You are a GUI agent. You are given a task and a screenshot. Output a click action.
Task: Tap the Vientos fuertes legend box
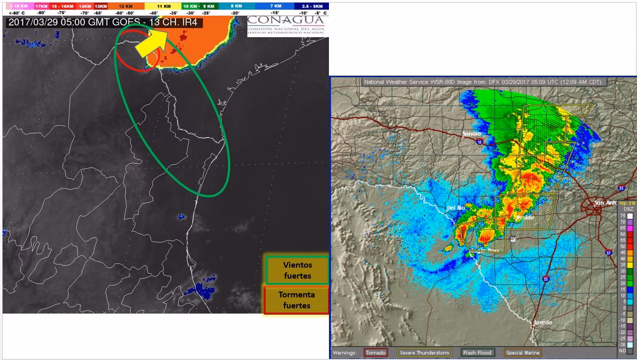pyautogui.click(x=297, y=270)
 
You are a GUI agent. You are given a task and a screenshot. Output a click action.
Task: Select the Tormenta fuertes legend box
pyautogui.click(x=297, y=300)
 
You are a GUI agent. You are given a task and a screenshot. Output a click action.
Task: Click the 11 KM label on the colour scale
pyautogui.click(x=167, y=5)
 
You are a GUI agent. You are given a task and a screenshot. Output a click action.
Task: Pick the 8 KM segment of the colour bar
pyautogui.click(x=236, y=5)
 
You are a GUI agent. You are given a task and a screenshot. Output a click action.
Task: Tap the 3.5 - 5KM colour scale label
pyautogui.click(x=315, y=5)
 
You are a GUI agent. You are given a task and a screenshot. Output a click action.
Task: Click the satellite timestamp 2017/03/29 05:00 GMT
pyautogui.click(x=78, y=22)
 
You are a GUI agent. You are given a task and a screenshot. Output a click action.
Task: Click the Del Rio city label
pyautogui.click(x=455, y=208)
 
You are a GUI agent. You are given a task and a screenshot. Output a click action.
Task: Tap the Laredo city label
pyautogui.click(x=542, y=322)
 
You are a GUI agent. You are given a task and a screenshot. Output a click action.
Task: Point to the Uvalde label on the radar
pyautogui.click(x=524, y=218)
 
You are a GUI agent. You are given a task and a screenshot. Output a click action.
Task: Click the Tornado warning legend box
pyautogui.click(x=376, y=353)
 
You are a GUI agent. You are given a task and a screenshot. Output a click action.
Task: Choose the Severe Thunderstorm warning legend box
pyautogui.click(x=424, y=353)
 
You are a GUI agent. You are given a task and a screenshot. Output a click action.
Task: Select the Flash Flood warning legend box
pyautogui.click(x=477, y=353)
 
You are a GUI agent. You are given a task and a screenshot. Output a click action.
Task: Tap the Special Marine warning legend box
pyautogui.click(x=523, y=353)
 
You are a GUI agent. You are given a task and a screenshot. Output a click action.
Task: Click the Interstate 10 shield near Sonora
pyautogui.click(x=479, y=141)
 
